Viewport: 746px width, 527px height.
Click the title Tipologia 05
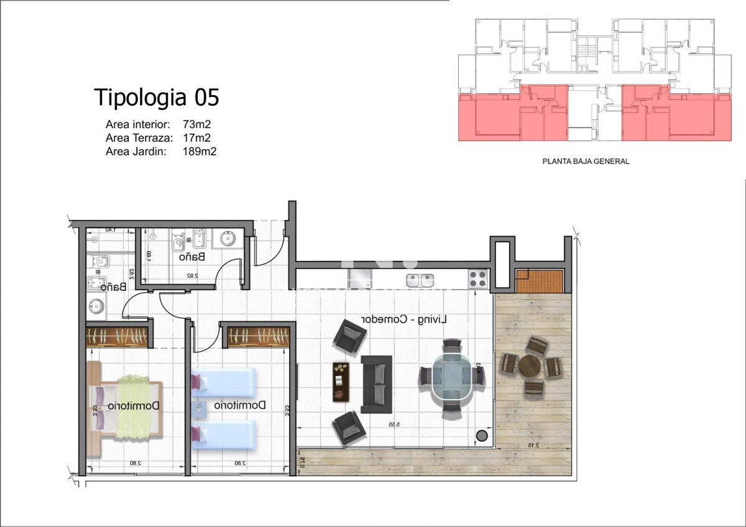[x=156, y=98]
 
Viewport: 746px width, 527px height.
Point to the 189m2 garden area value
[x=200, y=151]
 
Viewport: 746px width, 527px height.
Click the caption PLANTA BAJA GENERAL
[x=586, y=161]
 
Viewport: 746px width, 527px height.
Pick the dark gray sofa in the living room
[x=377, y=383]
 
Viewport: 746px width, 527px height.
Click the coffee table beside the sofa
[x=340, y=380]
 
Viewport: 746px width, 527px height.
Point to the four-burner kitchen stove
[x=477, y=279]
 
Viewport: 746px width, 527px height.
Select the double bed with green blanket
[x=127, y=405]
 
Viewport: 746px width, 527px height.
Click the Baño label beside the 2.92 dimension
[x=192, y=256]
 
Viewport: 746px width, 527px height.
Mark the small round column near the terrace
[x=481, y=435]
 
